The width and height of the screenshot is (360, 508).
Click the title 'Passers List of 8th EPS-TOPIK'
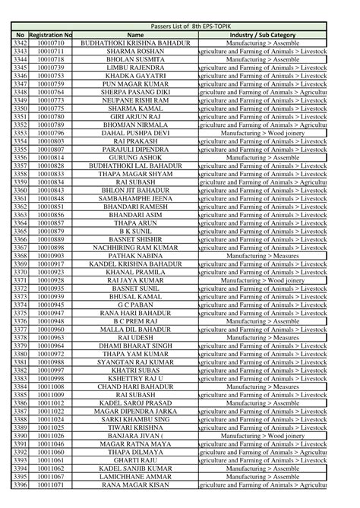[x=179, y=27]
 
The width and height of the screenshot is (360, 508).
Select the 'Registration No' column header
[x=50, y=35]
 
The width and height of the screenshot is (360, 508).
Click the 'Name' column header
[x=135, y=35]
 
